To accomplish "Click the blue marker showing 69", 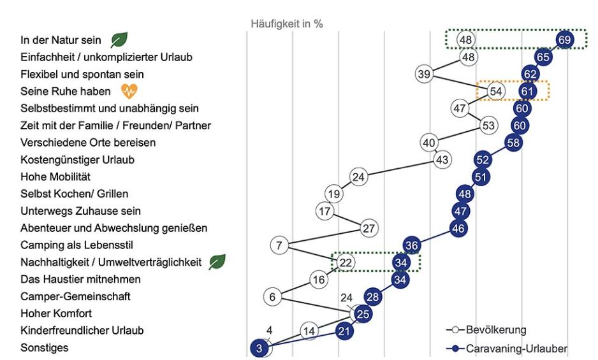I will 564,40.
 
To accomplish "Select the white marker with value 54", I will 497,91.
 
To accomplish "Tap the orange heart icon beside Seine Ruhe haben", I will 129,92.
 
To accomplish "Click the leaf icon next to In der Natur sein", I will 119,40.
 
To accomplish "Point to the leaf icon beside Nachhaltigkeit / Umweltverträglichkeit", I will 217,262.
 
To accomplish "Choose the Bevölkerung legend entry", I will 488,330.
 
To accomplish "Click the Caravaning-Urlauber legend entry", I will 507,348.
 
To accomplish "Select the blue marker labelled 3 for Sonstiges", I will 260,348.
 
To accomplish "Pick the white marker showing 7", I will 279,245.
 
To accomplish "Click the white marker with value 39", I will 424,74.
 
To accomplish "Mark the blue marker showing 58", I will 514,142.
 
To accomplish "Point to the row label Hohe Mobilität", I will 55,176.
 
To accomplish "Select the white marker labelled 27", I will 368,227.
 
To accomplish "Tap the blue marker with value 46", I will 459,227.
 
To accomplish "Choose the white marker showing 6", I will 272,296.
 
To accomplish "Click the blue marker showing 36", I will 412,245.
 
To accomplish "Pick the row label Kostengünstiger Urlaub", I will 78,159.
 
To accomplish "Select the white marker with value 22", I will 346,262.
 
